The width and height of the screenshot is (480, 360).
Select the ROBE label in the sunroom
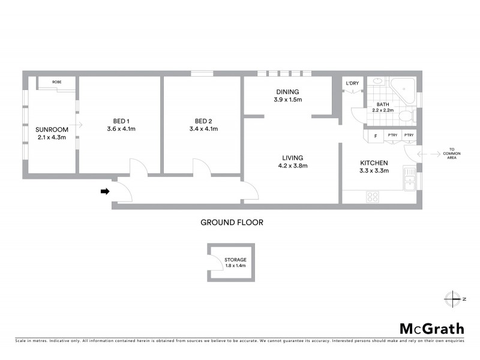[x=56, y=81]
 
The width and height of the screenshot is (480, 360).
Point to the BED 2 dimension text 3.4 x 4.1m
[x=203, y=128]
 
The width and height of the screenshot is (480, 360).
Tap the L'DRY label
[x=352, y=83]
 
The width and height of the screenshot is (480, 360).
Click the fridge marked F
[x=375, y=136]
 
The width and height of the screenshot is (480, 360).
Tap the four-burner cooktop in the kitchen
[x=372, y=196]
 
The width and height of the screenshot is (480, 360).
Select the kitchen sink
[x=411, y=179]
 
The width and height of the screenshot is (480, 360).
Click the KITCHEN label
[x=374, y=163]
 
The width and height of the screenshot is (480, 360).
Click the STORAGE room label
[x=235, y=260]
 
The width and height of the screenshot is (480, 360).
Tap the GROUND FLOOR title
[x=232, y=222]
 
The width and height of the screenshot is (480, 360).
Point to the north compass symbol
[x=451, y=298]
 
